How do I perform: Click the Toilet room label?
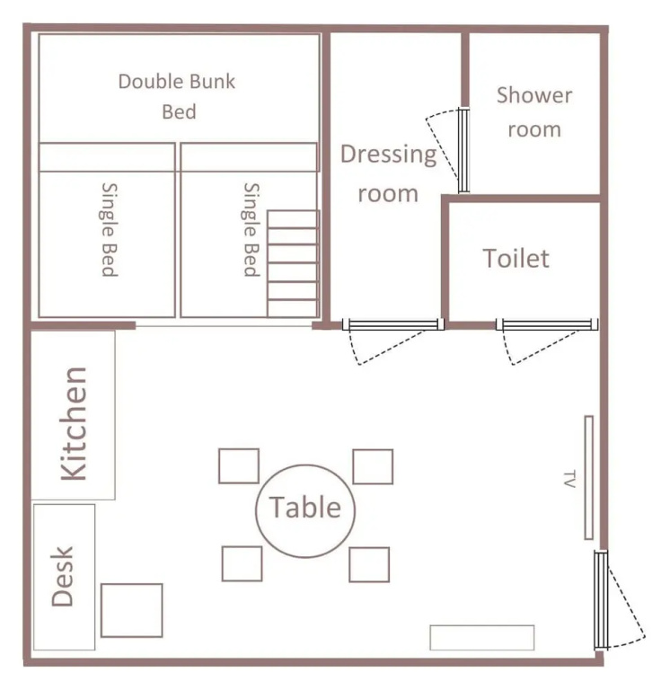click(x=516, y=259)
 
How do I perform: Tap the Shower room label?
click(x=534, y=112)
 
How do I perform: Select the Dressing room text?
click(x=388, y=173)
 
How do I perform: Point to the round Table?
click(x=305, y=511)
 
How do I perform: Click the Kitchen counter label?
click(x=73, y=423)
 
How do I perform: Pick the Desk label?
click(x=62, y=577)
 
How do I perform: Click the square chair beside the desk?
click(x=131, y=610)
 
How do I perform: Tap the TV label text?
click(x=569, y=479)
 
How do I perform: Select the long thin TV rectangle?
click(x=589, y=477)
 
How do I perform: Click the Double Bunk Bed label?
click(x=177, y=96)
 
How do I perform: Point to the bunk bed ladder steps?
click(x=293, y=263)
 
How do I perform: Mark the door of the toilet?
click(x=547, y=324)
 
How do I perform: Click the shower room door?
click(x=463, y=150)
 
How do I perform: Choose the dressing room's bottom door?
click(x=393, y=324)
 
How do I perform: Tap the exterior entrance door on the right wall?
click(x=601, y=599)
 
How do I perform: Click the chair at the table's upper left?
click(x=239, y=466)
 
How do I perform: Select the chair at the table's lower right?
click(x=369, y=564)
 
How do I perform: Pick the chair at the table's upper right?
click(x=373, y=466)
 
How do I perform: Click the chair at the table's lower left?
click(x=242, y=563)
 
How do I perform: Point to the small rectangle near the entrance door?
click(x=482, y=637)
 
